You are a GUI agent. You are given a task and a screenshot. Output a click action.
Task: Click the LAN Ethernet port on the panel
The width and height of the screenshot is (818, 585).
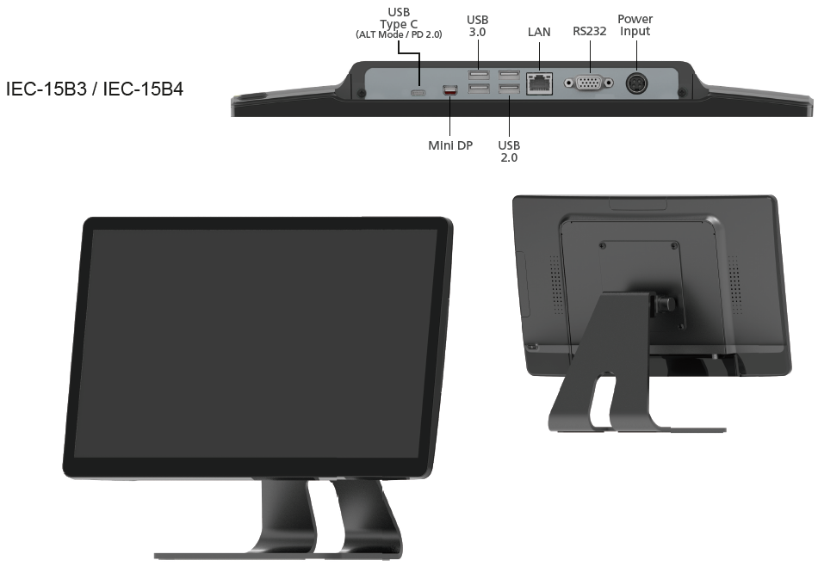[x=539, y=83]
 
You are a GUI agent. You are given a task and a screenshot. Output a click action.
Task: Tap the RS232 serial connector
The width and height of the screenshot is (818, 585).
[x=588, y=83]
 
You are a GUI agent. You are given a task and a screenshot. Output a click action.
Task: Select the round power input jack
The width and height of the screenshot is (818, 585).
[x=636, y=83]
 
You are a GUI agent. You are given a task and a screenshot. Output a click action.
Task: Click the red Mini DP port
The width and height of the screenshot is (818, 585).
[x=449, y=90]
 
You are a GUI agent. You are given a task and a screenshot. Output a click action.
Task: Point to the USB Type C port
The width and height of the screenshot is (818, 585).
[x=418, y=93]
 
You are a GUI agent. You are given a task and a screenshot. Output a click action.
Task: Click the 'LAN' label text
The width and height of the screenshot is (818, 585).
[x=539, y=32]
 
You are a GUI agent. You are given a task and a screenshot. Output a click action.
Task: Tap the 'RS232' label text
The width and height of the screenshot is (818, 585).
[x=590, y=31]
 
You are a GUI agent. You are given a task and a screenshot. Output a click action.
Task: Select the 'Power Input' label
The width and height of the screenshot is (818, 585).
[x=635, y=25]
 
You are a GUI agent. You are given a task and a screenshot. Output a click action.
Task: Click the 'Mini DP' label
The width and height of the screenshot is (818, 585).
[x=450, y=145]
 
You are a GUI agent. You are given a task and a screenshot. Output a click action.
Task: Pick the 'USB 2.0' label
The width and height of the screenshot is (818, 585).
[x=509, y=151]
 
